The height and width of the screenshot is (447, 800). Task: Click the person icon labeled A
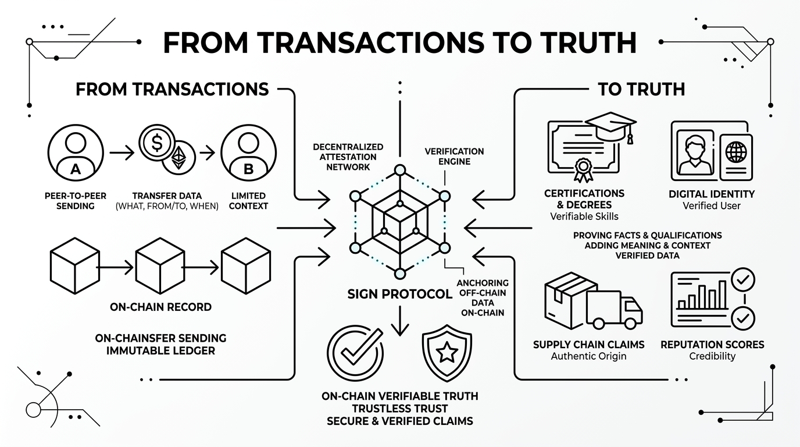tap(75, 153)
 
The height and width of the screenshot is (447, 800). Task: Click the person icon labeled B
tap(248, 153)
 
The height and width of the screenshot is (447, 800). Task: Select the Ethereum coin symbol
tap(179, 157)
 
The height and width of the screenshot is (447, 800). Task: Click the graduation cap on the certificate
tap(610, 124)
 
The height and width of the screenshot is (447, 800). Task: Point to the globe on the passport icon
tap(735, 152)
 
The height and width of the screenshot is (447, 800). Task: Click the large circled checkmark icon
tap(355, 352)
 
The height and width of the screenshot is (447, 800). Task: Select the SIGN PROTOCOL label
tap(399, 294)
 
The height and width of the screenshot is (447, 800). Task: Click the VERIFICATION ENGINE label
tap(454, 156)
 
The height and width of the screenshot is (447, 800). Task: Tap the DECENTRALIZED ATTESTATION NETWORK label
tap(348, 157)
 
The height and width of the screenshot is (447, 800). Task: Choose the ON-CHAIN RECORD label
tap(160, 307)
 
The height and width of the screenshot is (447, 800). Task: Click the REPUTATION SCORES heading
tap(712, 345)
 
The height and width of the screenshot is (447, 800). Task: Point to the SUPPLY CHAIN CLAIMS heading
tap(588, 345)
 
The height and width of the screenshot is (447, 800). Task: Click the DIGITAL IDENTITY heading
tap(712, 194)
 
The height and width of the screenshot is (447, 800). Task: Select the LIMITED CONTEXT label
tap(248, 201)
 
